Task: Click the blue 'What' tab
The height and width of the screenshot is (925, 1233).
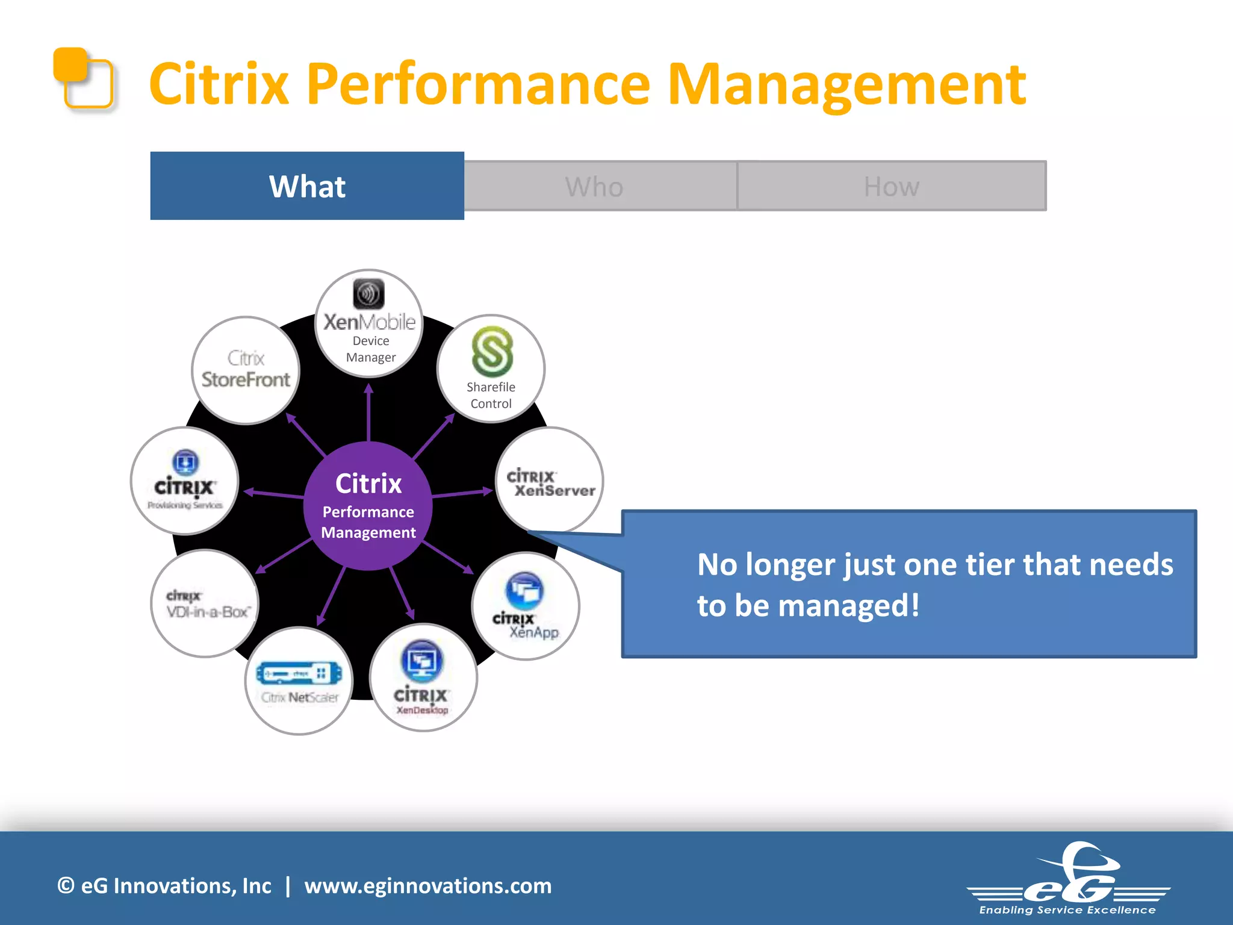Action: click(307, 186)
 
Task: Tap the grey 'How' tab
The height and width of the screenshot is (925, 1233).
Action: click(892, 186)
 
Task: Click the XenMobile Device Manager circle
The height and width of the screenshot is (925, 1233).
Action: click(369, 324)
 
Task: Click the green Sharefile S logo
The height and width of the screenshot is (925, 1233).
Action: click(492, 352)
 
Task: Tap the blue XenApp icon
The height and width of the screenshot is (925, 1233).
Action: click(524, 591)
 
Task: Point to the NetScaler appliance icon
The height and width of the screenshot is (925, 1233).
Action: click(299, 673)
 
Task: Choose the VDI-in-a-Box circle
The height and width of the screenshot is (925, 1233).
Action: click(205, 604)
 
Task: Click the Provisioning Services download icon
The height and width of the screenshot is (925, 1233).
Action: click(185, 462)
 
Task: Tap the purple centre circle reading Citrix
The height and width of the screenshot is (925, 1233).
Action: click(368, 505)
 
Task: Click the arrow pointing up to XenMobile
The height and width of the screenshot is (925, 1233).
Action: click(368, 412)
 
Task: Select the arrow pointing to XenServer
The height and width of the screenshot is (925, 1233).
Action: click(462, 493)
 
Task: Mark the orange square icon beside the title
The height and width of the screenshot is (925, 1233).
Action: click(83, 78)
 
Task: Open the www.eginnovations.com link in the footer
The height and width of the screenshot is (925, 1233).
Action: click(428, 886)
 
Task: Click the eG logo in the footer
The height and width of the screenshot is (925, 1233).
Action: click(1069, 879)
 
